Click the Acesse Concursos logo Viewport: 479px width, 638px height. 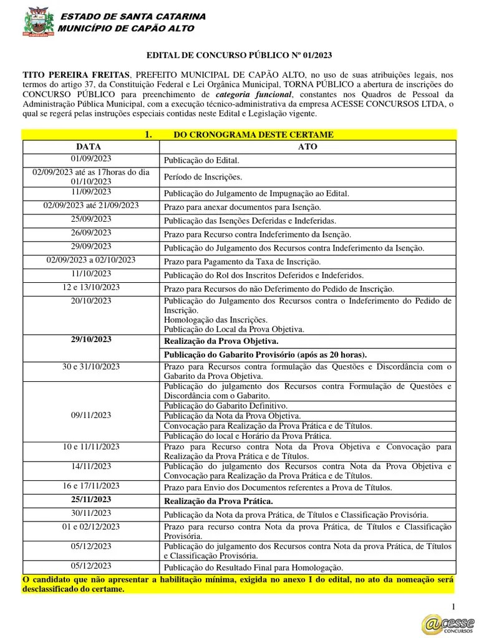(x=447, y=622)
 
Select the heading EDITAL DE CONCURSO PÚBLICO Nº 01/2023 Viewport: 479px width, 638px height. (x=239, y=55)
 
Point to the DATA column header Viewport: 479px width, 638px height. (x=92, y=146)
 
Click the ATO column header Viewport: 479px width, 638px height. (x=307, y=146)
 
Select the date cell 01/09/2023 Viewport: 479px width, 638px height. (x=92, y=159)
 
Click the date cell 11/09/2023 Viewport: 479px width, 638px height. (x=92, y=192)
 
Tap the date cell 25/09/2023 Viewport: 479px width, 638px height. (x=92, y=219)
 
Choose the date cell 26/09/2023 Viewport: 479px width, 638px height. (x=92, y=232)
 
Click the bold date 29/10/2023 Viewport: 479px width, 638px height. (x=92, y=340)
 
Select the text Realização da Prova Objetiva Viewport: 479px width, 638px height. (x=221, y=341)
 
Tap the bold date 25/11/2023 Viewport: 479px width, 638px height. (x=92, y=500)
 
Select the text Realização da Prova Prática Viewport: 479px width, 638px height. (x=218, y=501)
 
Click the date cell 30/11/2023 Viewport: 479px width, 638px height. (x=92, y=513)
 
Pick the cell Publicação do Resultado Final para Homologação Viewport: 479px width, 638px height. (x=253, y=568)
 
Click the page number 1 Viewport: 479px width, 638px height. (x=454, y=607)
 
